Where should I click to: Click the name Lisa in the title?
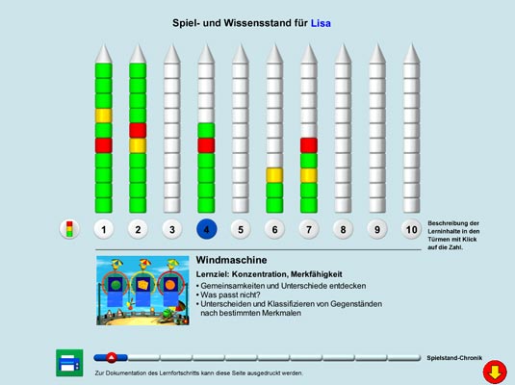pos(321,23)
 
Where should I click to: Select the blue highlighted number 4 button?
pos(206,229)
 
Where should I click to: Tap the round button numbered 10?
pos(411,229)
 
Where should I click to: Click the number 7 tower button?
pos(309,229)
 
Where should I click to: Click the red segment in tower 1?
pos(104,145)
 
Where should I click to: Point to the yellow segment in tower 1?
pos(104,115)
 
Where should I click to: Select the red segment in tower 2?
pos(138,130)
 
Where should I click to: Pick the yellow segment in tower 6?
pos(274,175)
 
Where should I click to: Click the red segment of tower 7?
pos(309,145)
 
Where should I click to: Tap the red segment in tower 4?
pos(206,145)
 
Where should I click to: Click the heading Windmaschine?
pos(231,260)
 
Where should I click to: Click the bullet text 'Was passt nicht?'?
pos(230,295)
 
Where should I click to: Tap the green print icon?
pos(69,363)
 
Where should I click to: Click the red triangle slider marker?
pos(112,357)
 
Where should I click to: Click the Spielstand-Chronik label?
pos(454,358)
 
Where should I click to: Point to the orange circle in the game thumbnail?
pos(169,285)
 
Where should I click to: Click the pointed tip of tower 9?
pos(377,44)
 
